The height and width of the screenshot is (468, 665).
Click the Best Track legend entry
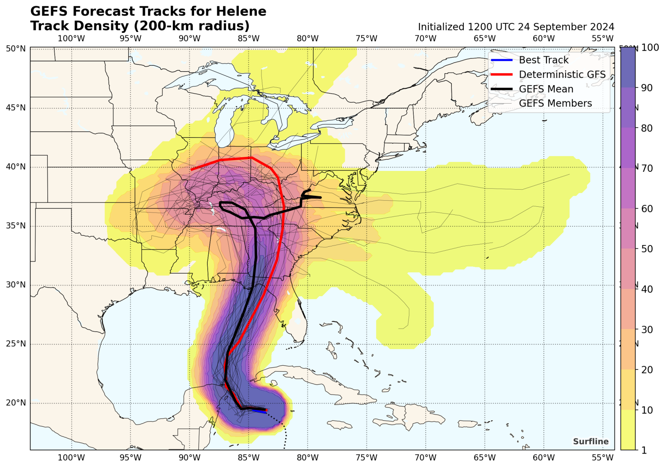pos(543,60)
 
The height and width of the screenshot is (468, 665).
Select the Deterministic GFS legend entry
pos(562,75)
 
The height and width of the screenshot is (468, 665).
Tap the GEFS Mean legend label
pos(546,89)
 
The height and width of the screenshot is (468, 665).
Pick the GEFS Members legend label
pos(555,104)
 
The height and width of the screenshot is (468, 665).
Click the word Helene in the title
pos(240,12)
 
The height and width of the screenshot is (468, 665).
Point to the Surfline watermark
pos(590,442)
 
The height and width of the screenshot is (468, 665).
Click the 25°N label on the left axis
pos(16,344)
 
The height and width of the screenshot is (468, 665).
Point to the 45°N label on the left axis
pos(16,108)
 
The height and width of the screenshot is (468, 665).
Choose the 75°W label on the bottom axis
pos(366,458)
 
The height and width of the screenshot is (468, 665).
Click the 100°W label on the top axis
pos(71,38)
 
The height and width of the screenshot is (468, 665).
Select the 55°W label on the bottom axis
pos(602,458)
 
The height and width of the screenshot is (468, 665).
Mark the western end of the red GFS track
pos(192,170)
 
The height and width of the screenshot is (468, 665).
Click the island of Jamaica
pos(339,425)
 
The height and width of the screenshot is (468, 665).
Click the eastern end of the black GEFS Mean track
pos(320,197)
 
